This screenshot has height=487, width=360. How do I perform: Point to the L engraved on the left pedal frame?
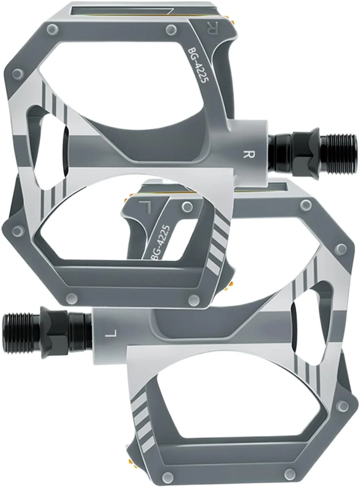point(145,207)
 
